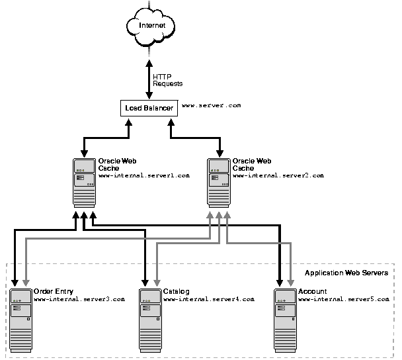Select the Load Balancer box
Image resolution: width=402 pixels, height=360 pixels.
[148, 107]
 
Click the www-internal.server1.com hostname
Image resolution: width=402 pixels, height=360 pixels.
[144, 176]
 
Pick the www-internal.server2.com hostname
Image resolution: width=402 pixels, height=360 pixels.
[278, 176]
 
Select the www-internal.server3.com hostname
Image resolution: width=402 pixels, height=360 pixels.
[79, 300]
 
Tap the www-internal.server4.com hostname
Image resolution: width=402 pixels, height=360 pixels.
[208, 300]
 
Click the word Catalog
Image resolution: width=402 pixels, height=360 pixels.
[176, 291]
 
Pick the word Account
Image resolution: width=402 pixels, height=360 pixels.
[312, 291]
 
